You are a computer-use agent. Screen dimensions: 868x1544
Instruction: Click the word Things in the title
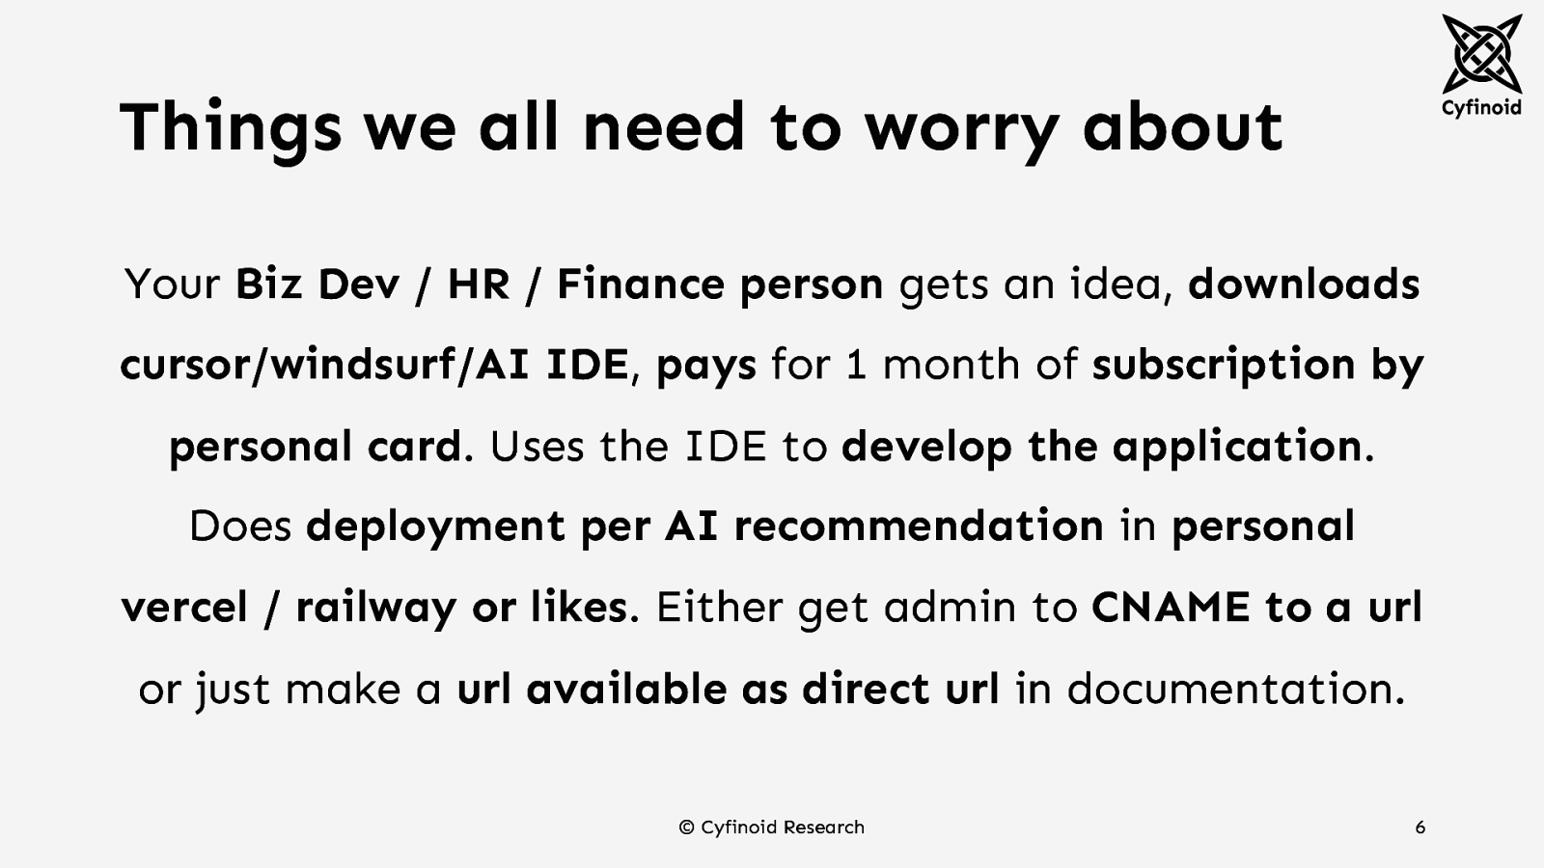pos(230,127)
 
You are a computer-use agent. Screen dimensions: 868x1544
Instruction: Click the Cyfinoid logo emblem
pos(1480,53)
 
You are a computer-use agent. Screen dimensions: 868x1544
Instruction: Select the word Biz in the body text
pos(268,285)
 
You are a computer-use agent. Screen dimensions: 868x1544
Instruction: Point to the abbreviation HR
pos(478,285)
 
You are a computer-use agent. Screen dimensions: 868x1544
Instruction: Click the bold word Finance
pos(640,285)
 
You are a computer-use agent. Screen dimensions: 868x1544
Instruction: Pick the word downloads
pos(1304,285)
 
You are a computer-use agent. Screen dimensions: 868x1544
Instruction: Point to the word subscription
pos(1224,365)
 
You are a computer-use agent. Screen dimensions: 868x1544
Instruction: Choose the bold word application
pos(1236,447)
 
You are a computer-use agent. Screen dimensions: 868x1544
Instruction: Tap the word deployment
pos(435,528)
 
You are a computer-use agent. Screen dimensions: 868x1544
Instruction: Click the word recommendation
pos(918,527)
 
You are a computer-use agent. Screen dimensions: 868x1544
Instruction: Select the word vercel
pos(184,608)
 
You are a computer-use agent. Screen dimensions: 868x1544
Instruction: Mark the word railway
pos(375,609)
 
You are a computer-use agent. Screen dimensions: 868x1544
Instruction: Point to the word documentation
pos(1230,689)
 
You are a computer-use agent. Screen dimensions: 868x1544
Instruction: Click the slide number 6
pos(1420,827)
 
